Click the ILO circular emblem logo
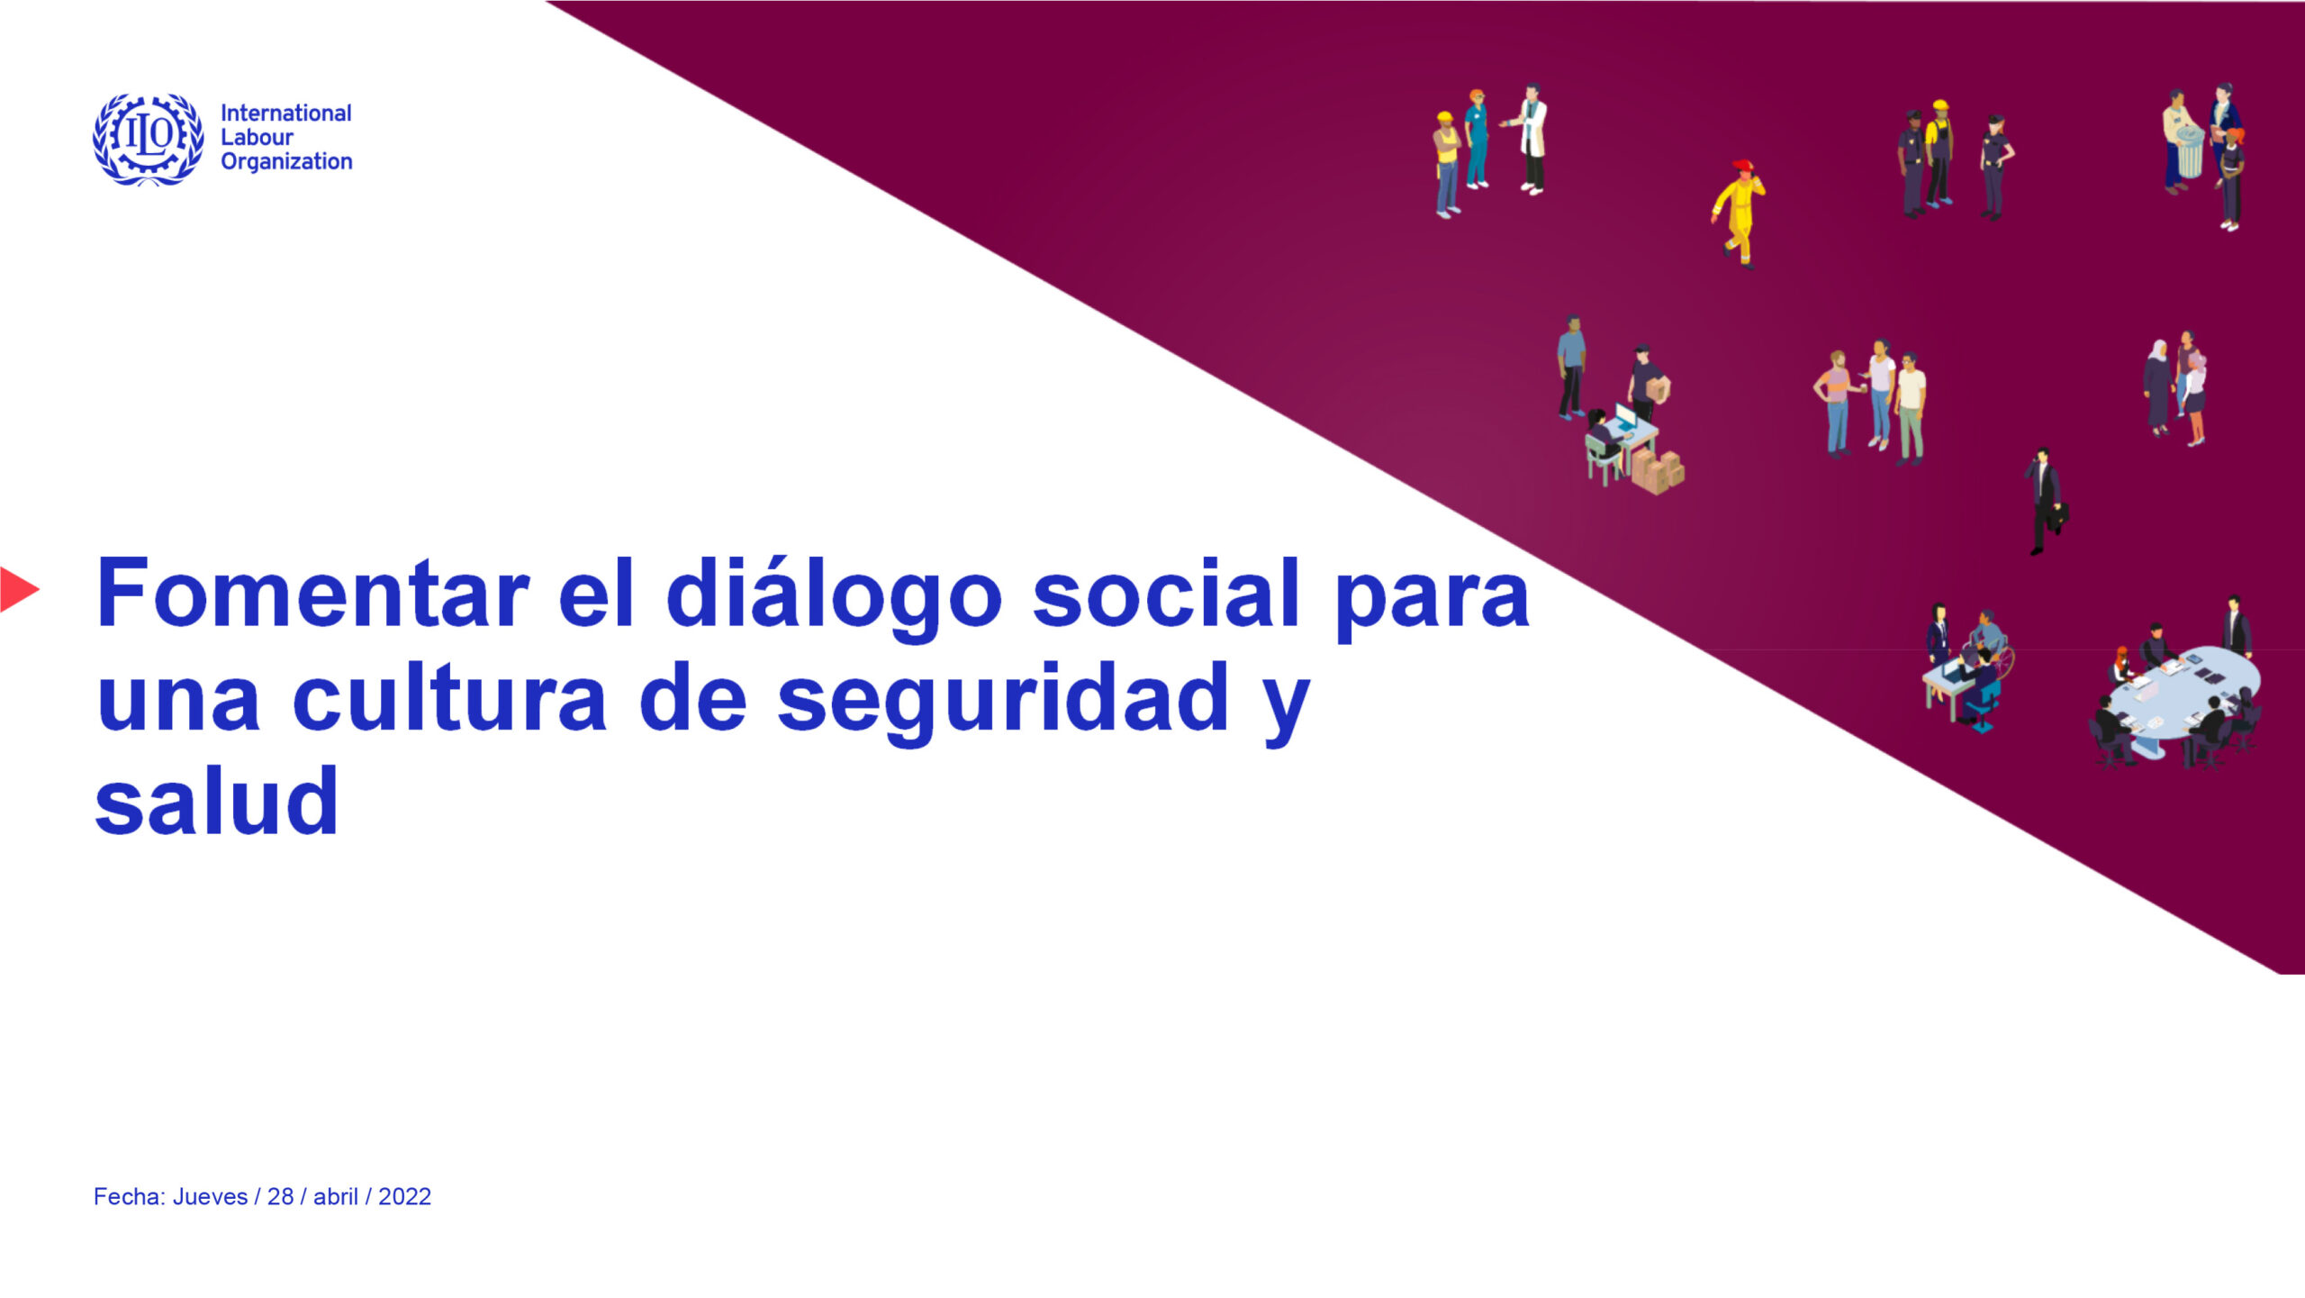149,139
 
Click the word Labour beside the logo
257,138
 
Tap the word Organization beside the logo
286,162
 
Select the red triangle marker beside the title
18,590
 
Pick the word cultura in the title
449,699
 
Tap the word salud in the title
216,801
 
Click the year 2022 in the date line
404,1197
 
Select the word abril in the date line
336,1197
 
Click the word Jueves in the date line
210,1197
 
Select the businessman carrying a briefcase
2046,501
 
